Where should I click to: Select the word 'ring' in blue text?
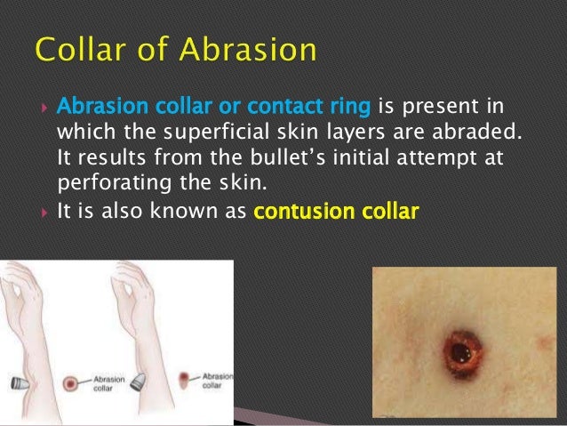[349, 109]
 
